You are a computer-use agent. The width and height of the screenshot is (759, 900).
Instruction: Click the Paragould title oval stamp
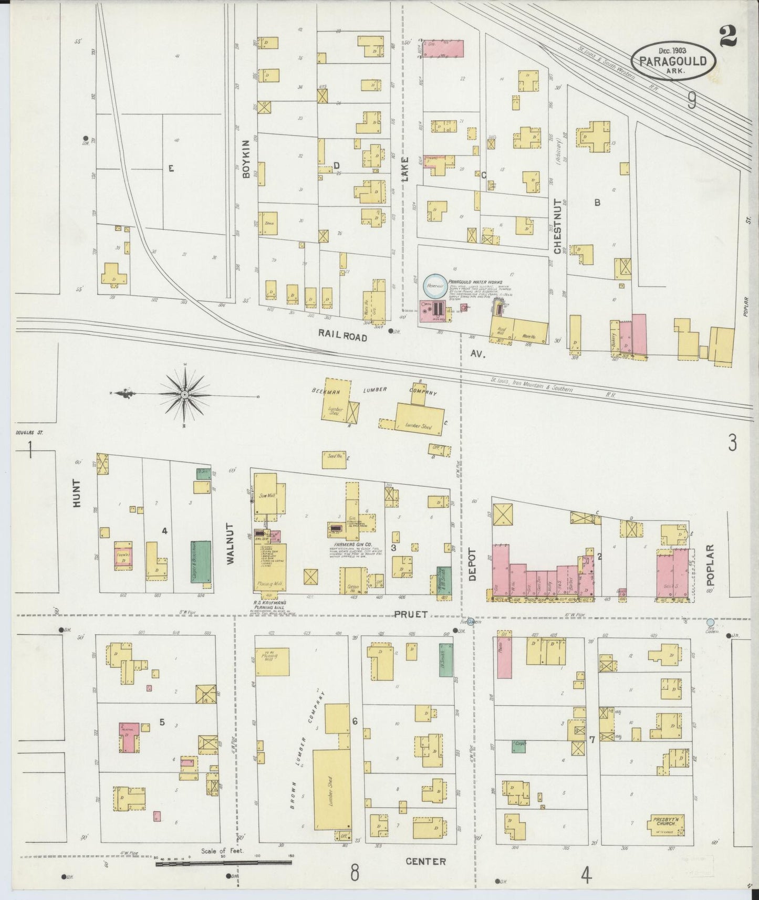pyautogui.click(x=672, y=61)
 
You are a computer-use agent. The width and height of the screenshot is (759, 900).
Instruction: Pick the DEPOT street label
pyautogui.click(x=471, y=564)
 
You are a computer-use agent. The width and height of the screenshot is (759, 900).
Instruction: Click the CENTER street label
pyautogui.click(x=425, y=861)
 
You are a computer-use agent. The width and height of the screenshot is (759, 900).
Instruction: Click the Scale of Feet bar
pyautogui.click(x=224, y=863)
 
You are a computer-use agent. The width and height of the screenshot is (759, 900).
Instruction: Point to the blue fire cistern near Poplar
pyautogui.click(x=710, y=622)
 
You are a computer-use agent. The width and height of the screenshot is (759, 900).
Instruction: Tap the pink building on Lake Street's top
pyautogui.click(x=444, y=47)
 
